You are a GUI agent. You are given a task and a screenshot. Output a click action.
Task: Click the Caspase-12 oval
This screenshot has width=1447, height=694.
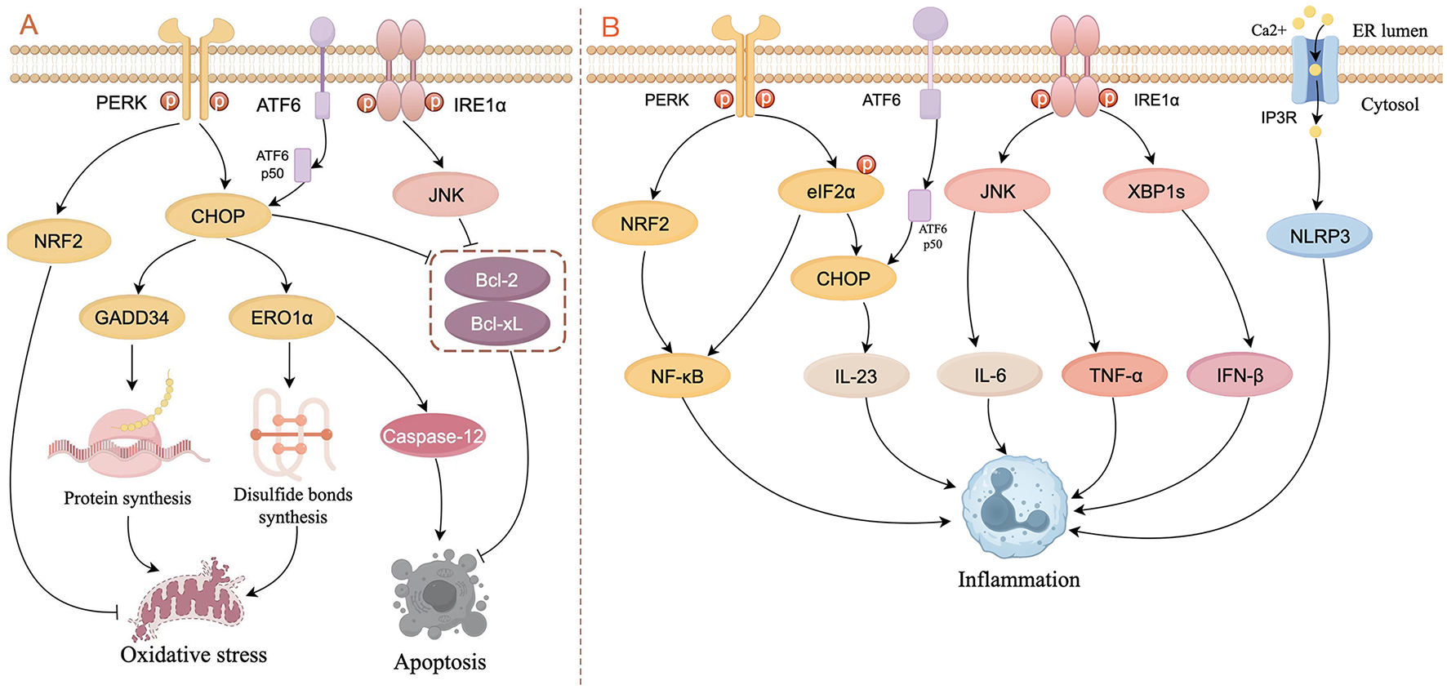point(433,436)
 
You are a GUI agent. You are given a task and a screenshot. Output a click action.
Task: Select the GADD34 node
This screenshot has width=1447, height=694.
point(131,318)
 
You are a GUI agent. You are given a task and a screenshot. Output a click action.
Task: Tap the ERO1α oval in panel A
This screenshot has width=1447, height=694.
point(282,318)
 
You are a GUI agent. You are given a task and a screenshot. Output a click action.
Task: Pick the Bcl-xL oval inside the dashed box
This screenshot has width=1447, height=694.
point(496,324)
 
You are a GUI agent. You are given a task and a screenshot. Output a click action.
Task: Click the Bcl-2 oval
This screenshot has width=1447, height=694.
point(496,280)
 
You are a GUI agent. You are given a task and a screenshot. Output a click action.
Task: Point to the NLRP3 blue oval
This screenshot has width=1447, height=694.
point(1319,237)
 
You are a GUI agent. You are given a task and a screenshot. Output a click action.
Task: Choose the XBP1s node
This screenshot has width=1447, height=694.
point(1155,192)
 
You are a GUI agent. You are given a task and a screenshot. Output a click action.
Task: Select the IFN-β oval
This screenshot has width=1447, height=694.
point(1240,376)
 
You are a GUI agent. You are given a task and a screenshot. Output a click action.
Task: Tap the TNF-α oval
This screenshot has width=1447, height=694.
point(1115,376)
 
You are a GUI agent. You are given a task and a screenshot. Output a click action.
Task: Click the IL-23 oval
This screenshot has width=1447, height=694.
point(856,376)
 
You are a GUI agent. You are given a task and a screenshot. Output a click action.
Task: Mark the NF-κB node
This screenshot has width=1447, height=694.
point(677,376)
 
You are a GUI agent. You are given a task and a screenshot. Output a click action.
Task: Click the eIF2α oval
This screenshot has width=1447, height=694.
point(830,192)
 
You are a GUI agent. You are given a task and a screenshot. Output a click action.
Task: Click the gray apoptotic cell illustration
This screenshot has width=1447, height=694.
point(439,596)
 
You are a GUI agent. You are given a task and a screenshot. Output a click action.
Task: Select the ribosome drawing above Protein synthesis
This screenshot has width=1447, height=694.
point(127,441)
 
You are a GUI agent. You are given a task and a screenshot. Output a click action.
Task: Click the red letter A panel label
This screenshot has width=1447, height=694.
point(29,24)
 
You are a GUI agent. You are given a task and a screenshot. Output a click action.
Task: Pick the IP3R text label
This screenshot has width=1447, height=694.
point(1278,118)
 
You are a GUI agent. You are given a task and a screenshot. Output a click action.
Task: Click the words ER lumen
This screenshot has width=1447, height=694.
point(1390,31)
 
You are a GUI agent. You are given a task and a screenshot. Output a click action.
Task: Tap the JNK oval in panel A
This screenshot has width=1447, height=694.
point(446,195)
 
